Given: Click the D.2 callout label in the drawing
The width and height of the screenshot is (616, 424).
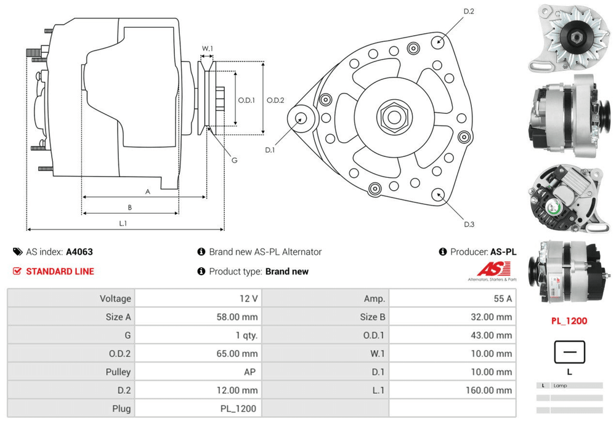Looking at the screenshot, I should click(x=468, y=11).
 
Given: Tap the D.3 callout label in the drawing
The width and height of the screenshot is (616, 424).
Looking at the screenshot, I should click(x=469, y=224).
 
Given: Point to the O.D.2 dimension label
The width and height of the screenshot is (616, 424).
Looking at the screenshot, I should click(x=275, y=100).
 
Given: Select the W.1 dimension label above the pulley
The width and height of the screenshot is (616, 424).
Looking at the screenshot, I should click(x=208, y=48).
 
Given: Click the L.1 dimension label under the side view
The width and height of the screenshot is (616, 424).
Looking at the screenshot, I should click(x=123, y=223).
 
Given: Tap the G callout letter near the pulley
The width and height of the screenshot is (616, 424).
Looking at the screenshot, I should click(x=234, y=161).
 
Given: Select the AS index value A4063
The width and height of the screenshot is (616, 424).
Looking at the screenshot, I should click(x=79, y=252).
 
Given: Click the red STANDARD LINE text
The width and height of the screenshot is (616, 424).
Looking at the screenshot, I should click(x=60, y=271).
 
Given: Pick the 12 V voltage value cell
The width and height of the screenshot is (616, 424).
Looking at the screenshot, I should click(x=249, y=298).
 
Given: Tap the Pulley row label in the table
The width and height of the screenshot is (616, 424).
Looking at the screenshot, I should click(x=118, y=372).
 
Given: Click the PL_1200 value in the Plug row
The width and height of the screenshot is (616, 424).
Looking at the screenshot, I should click(x=238, y=409).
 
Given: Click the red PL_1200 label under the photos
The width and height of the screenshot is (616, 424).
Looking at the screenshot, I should click(x=569, y=321).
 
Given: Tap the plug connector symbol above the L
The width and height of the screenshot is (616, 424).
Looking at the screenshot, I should click(x=569, y=353).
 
